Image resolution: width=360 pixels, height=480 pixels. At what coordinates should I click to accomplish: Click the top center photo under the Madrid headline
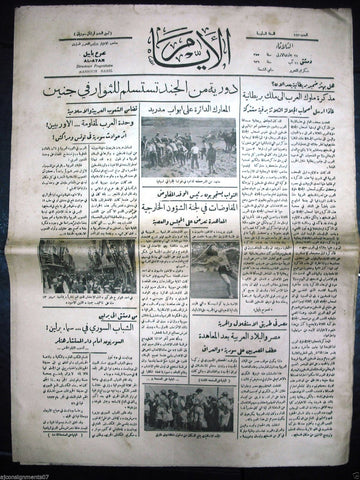pyautogui.click(x=188, y=161)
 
